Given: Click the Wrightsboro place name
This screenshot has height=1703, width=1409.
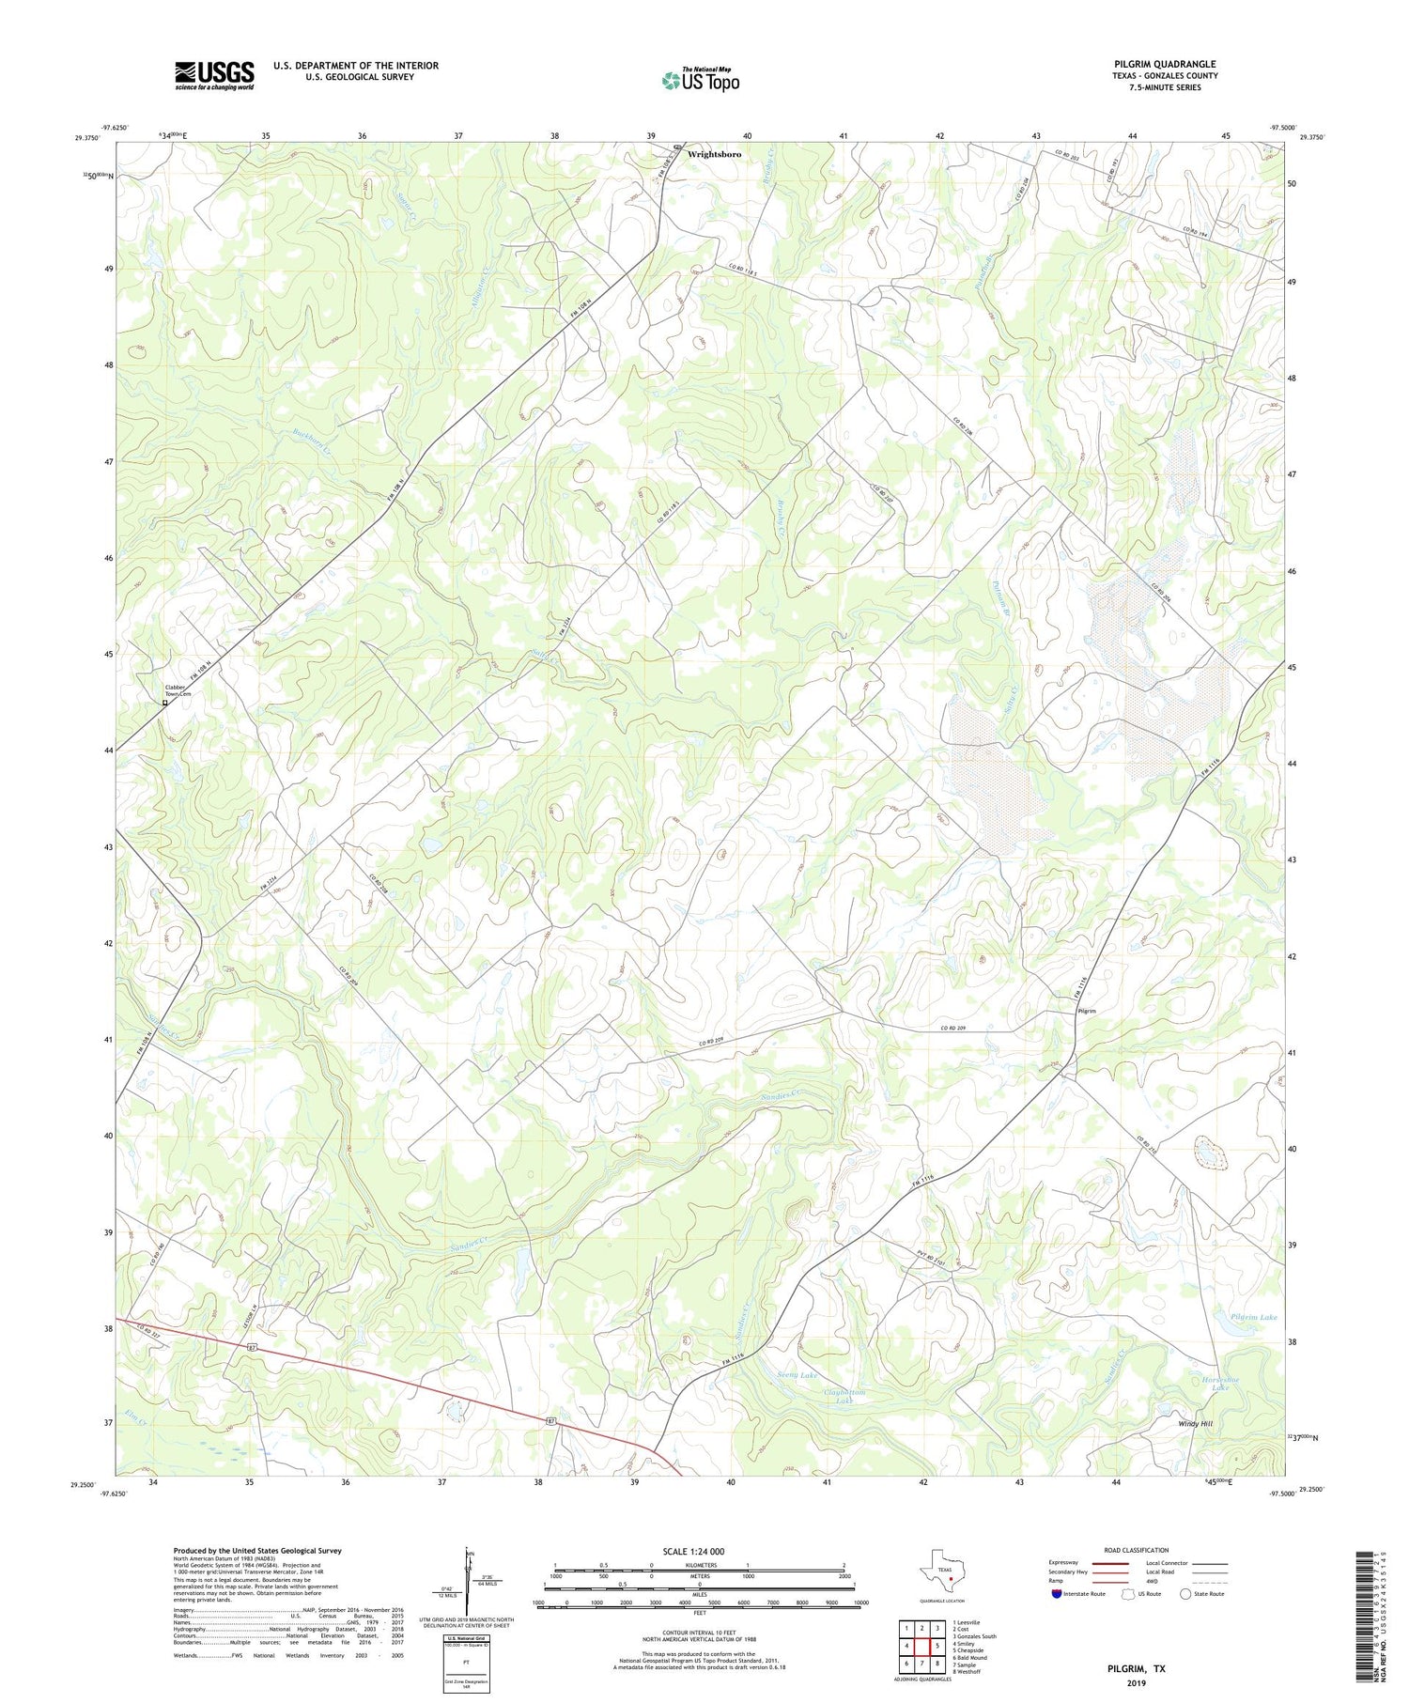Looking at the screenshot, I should pos(720,153).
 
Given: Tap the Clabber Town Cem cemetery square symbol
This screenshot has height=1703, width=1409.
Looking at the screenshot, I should pos(165,703).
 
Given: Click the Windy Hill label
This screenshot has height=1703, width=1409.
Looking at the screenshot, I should pos(1196,1424).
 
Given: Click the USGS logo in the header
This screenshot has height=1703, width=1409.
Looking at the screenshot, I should pos(214,75).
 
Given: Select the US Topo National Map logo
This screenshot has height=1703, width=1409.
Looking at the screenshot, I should pos(700,80).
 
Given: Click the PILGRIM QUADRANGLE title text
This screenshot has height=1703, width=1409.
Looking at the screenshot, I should pos(1164,64).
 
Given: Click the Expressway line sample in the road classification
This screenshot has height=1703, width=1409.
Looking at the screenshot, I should pos(1105,1564).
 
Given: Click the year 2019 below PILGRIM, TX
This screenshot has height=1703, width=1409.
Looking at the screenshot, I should pos(1134,1681).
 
